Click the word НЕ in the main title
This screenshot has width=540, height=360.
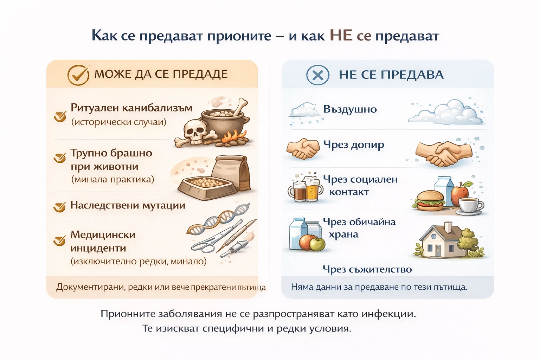[341, 36]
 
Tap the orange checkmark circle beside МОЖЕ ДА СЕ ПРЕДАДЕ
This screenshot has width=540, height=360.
[78, 75]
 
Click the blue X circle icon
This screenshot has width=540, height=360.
[317, 75]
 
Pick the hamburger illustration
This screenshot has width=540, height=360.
[430, 201]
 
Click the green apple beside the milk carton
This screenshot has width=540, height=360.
[317, 243]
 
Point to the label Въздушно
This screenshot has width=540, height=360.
[350, 109]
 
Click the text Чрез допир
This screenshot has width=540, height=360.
[353, 145]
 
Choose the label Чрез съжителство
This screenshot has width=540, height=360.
[367, 270]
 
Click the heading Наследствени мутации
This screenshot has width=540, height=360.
[128, 205]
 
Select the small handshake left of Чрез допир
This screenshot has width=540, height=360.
[303, 148]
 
